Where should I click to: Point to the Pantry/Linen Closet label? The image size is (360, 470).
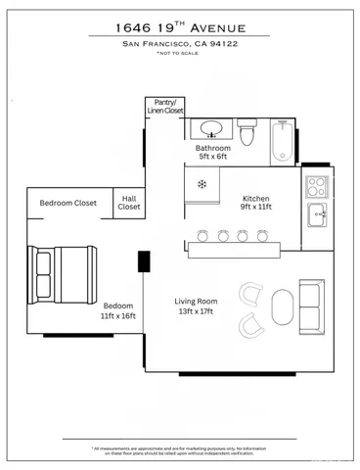pyautogui.click(x=164, y=107)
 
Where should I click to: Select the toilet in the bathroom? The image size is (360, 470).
pyautogui.click(x=248, y=131)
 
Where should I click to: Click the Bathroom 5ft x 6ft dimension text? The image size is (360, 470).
pyautogui.click(x=212, y=157)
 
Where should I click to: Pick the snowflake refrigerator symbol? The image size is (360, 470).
pyautogui.click(x=202, y=184)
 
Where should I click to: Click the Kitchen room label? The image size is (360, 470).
pyautogui.click(x=255, y=199)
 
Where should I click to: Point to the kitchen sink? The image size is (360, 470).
pyautogui.click(x=319, y=215)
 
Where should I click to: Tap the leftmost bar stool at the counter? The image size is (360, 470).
pyautogui.click(x=203, y=236)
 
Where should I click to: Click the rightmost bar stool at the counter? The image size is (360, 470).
pyautogui.click(x=261, y=236)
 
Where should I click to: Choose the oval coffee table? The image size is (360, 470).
pyautogui.click(x=282, y=307)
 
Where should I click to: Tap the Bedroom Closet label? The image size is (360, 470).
pyautogui.click(x=67, y=203)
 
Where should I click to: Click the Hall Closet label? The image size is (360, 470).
pyautogui.click(x=129, y=202)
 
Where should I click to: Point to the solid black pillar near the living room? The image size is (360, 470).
pyautogui.click(x=144, y=260)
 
